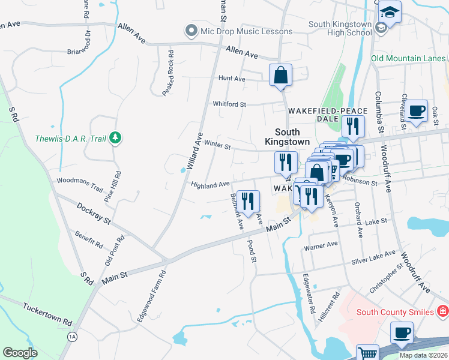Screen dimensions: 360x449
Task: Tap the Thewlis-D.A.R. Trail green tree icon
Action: [116, 139]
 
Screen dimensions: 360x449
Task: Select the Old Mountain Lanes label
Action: [408, 58]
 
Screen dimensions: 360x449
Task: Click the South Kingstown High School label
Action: [340, 29]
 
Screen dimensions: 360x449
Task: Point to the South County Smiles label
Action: [395, 311]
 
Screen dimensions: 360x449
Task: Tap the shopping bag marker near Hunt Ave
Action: [280, 76]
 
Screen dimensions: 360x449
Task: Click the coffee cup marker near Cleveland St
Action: [416, 112]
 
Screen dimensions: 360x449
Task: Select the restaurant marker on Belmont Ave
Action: [247, 202]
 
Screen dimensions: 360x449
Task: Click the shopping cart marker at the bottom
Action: [367, 353]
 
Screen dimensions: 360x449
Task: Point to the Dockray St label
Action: [94, 213]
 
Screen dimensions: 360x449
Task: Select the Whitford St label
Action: [229, 104]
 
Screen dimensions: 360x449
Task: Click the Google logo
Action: [20, 352]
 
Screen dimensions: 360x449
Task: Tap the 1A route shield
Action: [72, 337]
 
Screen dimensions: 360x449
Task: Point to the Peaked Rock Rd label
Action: [167, 73]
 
